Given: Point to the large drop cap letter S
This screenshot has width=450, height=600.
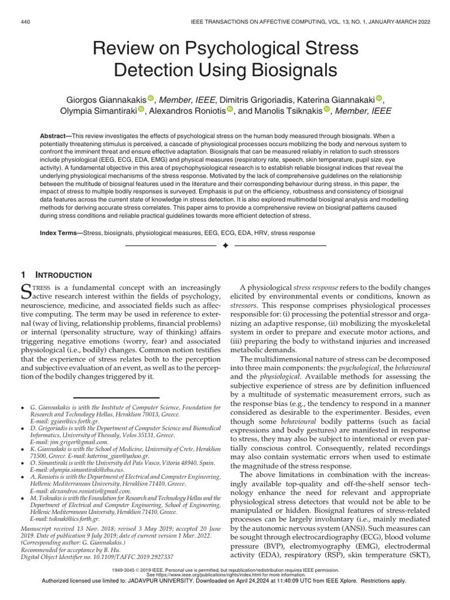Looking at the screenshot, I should (27, 291).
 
